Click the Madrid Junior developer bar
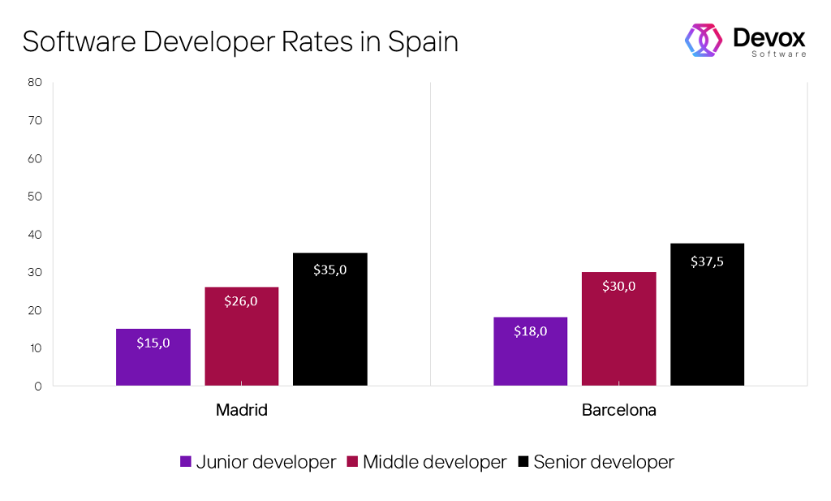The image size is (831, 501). [153, 357]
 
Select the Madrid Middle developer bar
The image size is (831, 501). [241, 336]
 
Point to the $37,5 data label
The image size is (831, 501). [707, 261]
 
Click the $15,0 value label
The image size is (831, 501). [153, 343]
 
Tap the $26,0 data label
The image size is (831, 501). [241, 301]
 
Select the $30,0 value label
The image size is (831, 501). [618, 286]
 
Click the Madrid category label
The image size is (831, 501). [241, 410]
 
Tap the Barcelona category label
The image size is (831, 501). [618, 410]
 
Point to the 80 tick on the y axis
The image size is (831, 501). [34, 82]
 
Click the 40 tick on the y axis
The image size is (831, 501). [34, 235]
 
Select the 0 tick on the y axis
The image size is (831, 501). [37, 387]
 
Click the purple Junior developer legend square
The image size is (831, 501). [186, 462]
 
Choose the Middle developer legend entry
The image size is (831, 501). [434, 462]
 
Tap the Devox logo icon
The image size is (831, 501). [704, 40]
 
